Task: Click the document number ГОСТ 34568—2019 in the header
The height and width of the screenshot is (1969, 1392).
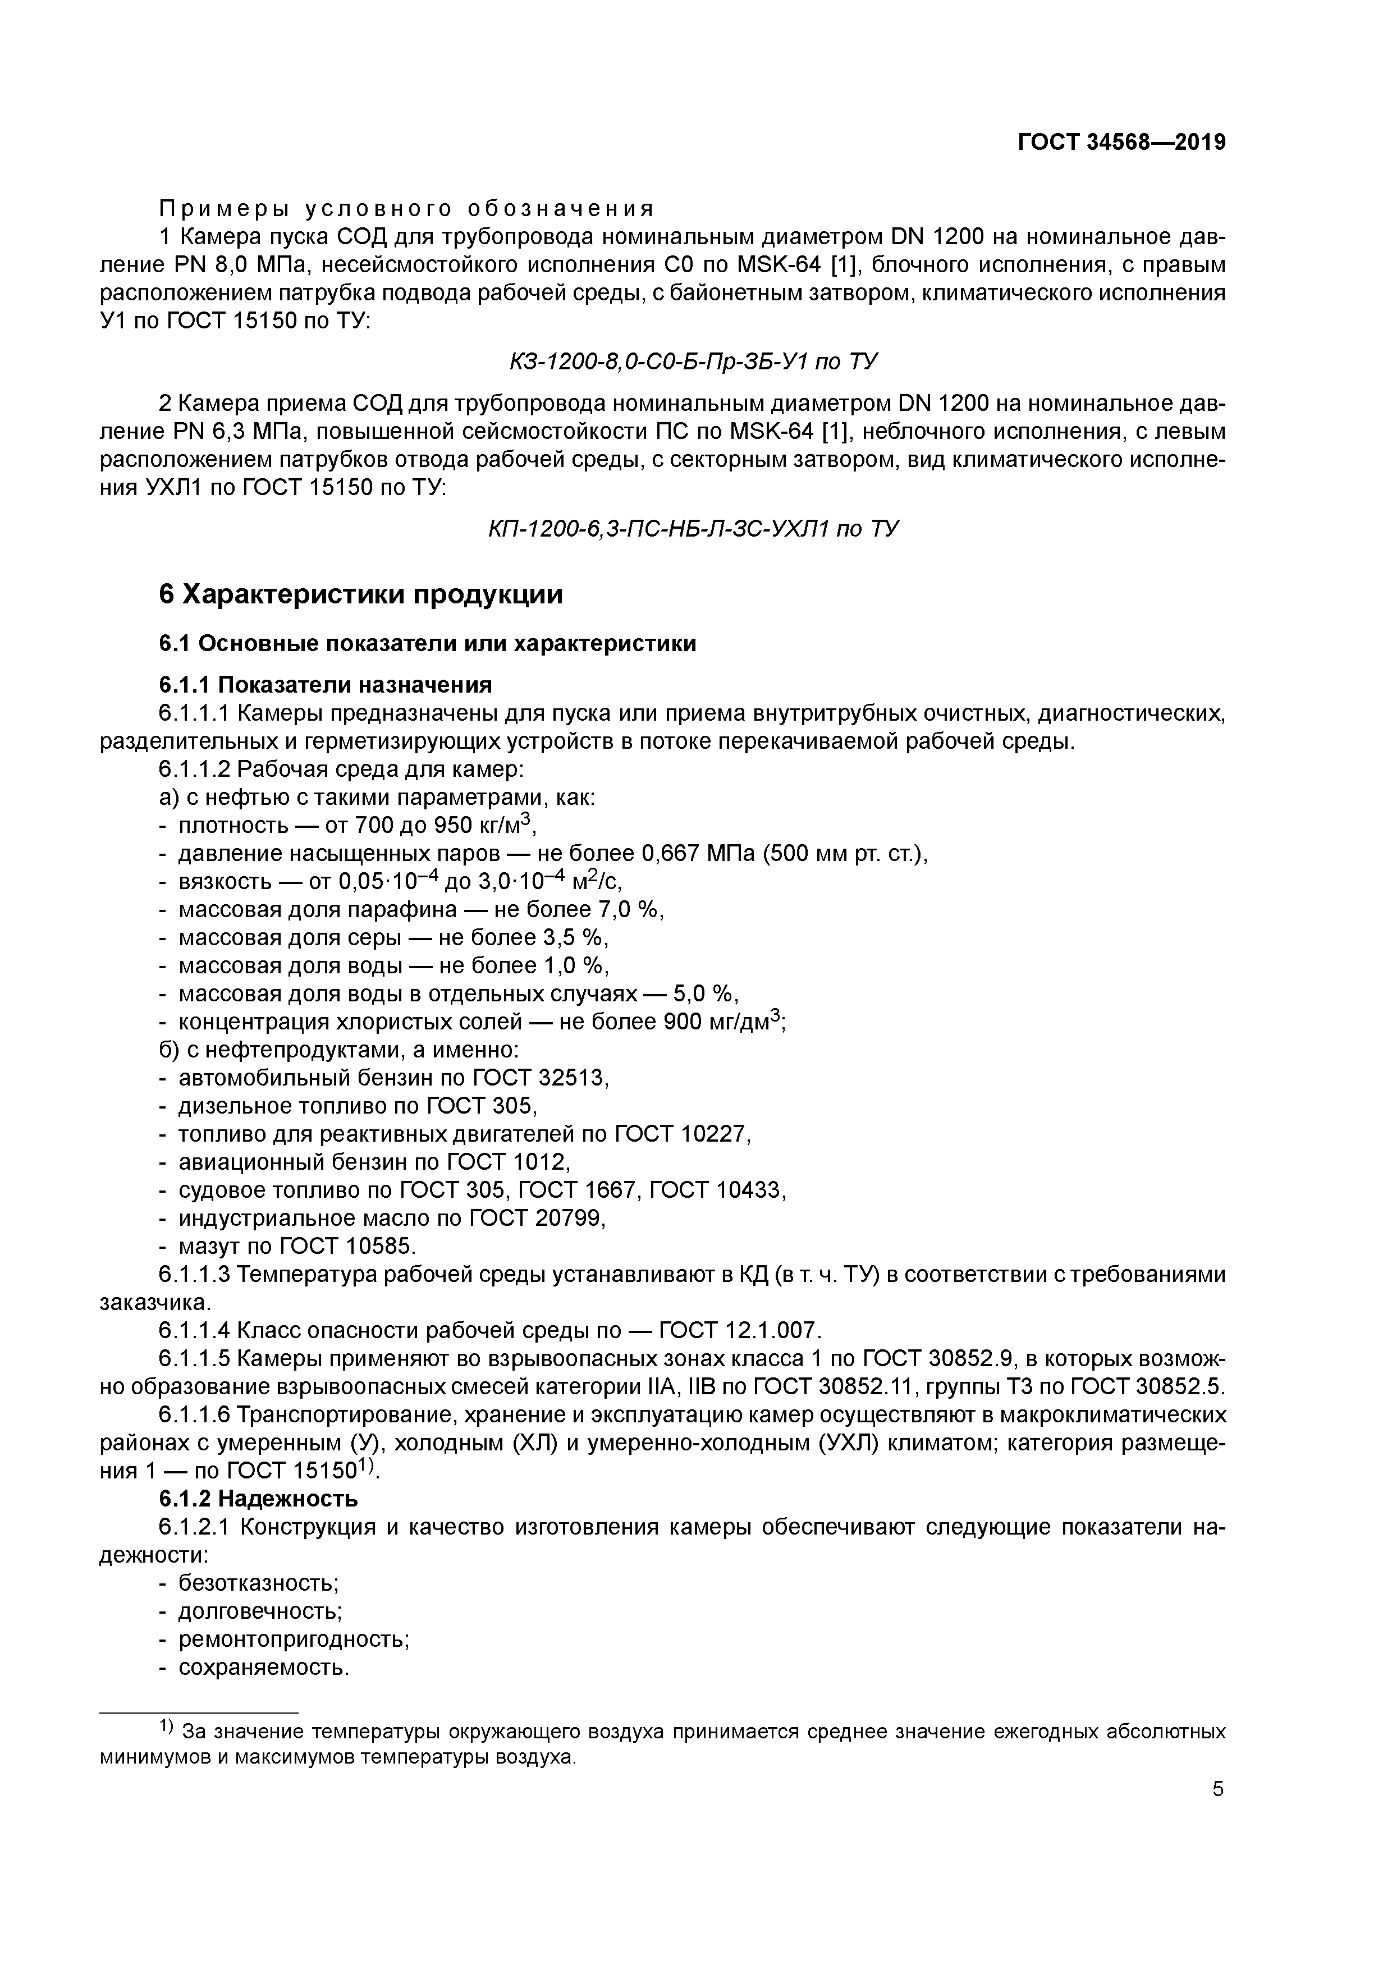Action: [x=1121, y=143]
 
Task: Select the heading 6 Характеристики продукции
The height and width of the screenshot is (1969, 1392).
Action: [x=360, y=594]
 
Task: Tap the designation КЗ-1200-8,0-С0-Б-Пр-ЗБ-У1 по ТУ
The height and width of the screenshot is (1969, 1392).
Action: [x=693, y=362]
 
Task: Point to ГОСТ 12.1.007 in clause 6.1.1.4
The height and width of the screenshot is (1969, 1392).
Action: [x=739, y=1331]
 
